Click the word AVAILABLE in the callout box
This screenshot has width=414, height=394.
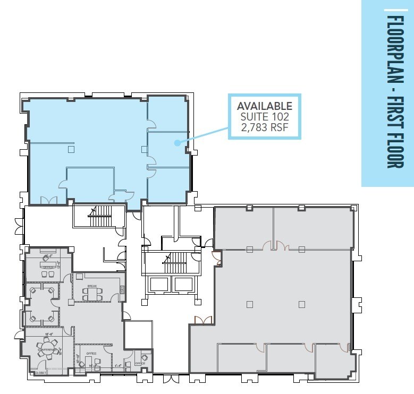[264, 106]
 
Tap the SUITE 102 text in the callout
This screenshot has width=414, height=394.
[264, 116]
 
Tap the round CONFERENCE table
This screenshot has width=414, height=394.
[46, 348]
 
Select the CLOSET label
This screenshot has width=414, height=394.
[40, 373]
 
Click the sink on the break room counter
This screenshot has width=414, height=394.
[122, 290]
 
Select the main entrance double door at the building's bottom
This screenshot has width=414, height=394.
[171, 378]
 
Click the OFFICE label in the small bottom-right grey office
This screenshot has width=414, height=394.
[140, 363]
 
